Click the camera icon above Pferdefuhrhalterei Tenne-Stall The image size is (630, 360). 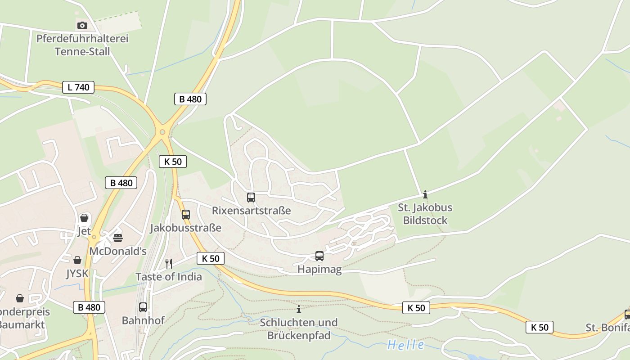pos(82,25)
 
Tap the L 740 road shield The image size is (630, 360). pos(78,87)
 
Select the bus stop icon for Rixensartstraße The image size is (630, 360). pos(251,197)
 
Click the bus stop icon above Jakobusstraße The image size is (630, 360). pos(186,215)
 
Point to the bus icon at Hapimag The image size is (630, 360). pos(319,256)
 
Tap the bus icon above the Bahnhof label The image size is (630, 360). pos(143,307)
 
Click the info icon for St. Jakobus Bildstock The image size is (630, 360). pos(425,194)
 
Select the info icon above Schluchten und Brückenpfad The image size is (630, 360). pos(298,309)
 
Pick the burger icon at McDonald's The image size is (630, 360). pos(118,238)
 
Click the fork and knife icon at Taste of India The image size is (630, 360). pos(169,263)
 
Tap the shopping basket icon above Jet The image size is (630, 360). pos(84,218)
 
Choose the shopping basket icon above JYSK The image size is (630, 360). pos(77,260)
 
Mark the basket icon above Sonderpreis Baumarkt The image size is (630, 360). pos(20,298)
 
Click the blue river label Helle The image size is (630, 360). pos(405,345)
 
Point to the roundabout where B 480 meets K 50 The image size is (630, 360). pos(162,132)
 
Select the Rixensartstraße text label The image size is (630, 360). pos(251,211)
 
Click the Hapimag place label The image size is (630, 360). pos(319,270)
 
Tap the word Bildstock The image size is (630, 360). pos(425,220)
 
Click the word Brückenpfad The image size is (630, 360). pos(299,336)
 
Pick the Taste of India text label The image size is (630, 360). pos(169,277)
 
